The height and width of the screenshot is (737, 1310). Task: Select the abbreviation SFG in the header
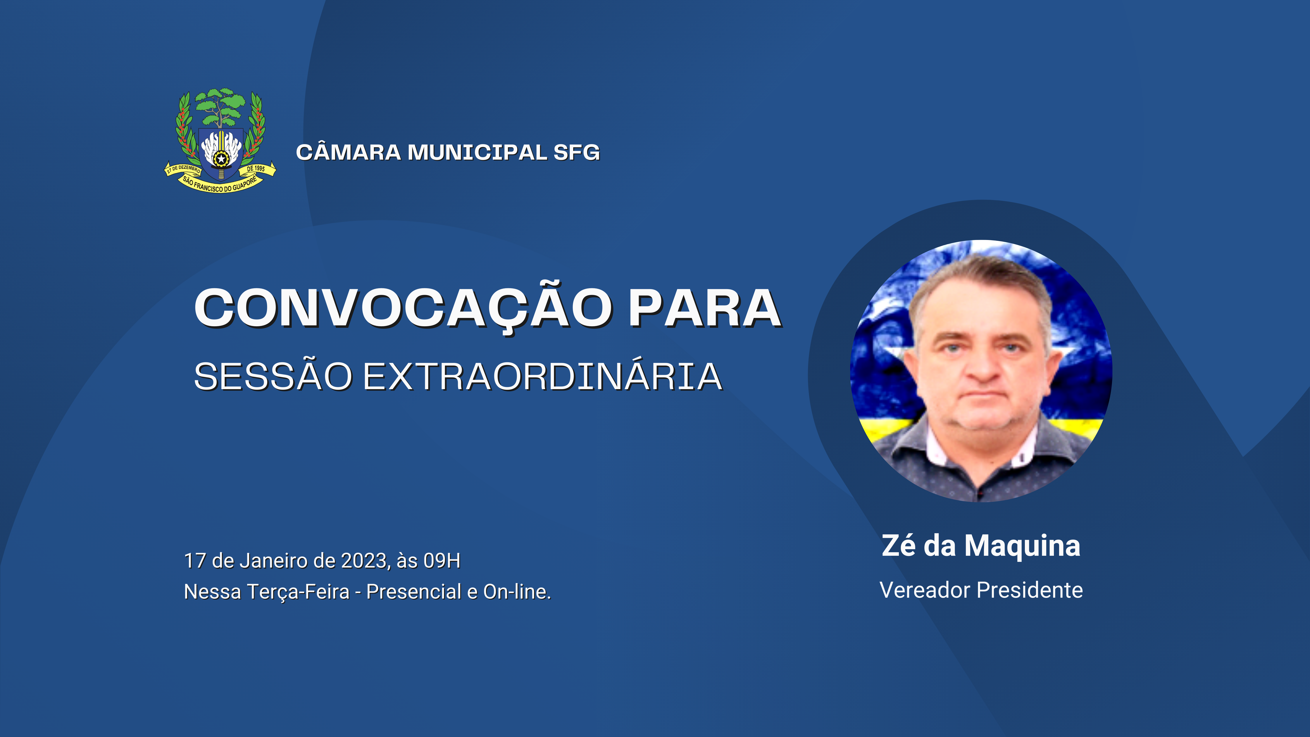(577, 153)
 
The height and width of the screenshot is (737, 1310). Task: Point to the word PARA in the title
(705, 308)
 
